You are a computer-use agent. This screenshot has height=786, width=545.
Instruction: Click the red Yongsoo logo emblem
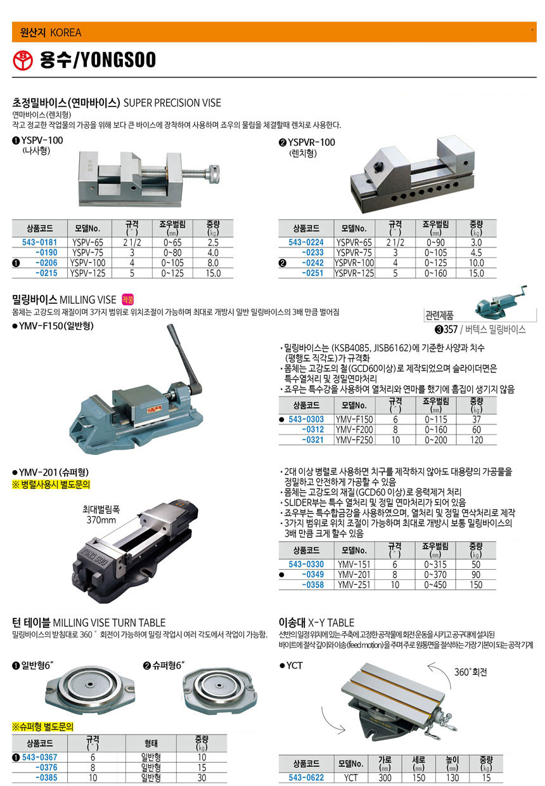tap(23, 60)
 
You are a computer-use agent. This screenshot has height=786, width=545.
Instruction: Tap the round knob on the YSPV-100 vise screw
tap(213, 174)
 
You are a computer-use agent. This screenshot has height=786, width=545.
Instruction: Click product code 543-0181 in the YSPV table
tap(39, 242)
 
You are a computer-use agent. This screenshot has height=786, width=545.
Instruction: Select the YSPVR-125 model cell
tap(354, 273)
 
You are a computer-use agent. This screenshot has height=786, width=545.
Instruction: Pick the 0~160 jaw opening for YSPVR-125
tap(435, 273)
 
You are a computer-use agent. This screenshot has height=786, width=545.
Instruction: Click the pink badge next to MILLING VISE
tap(127, 299)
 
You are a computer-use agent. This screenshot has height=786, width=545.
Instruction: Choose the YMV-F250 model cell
tap(354, 440)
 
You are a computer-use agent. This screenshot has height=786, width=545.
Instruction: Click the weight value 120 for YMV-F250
tap(477, 440)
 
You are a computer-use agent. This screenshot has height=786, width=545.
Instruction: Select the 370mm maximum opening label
tap(101, 520)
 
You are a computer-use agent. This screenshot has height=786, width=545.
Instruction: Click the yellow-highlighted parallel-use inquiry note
tap(51, 485)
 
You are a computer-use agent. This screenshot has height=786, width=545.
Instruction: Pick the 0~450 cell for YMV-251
tap(435, 585)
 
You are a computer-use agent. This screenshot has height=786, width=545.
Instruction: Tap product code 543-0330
tap(306, 564)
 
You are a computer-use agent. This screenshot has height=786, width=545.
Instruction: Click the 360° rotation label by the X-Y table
tap(471, 672)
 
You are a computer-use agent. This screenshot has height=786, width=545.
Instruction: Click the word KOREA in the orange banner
tap(65, 32)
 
